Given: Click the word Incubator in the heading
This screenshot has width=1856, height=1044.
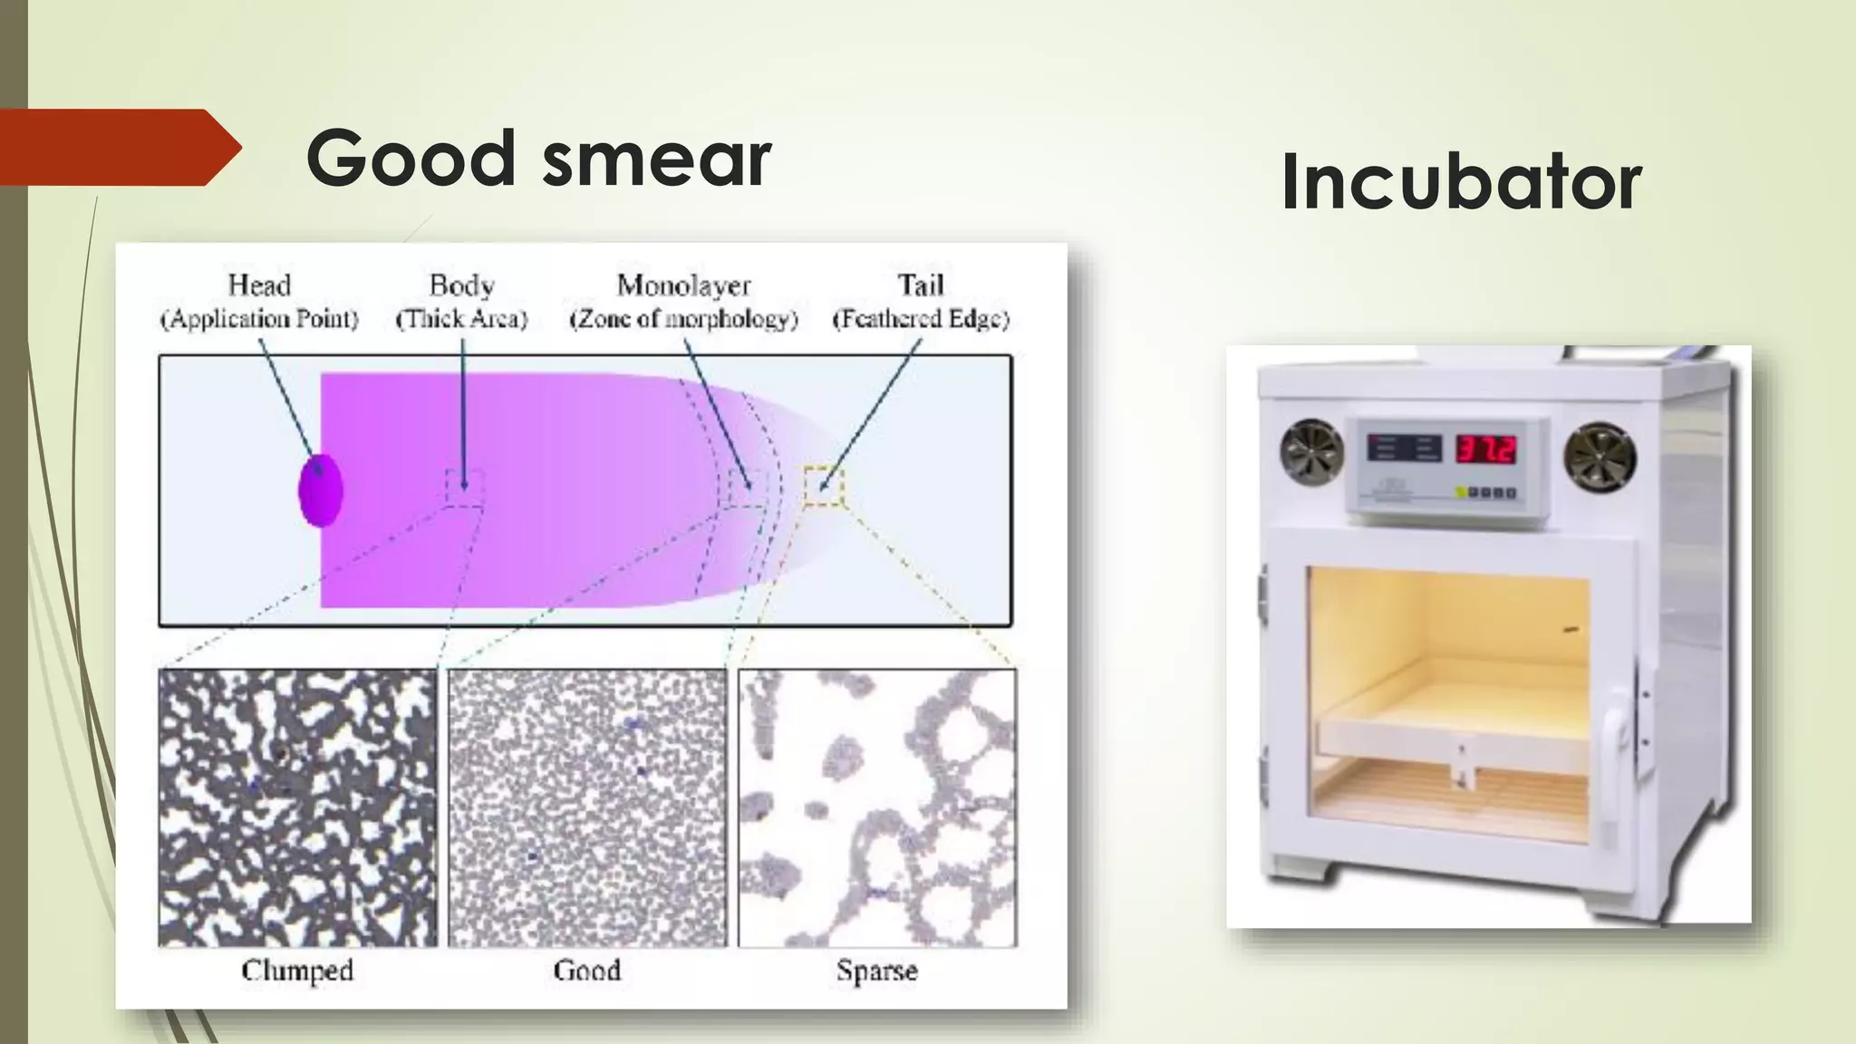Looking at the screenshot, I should (x=1461, y=182).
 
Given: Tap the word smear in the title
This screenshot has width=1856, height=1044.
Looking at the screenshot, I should (x=657, y=159).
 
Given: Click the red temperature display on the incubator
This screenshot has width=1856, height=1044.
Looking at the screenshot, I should (x=1485, y=449).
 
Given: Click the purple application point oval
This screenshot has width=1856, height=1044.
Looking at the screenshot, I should (x=321, y=489).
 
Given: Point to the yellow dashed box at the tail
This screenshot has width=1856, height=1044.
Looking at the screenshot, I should (x=823, y=487).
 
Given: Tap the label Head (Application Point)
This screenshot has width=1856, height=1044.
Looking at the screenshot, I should (x=259, y=302).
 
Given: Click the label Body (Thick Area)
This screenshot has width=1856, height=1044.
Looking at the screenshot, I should (x=461, y=302).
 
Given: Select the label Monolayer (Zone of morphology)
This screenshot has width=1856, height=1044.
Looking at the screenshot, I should (x=683, y=302).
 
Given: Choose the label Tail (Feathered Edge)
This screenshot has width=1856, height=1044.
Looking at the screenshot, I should (x=920, y=302).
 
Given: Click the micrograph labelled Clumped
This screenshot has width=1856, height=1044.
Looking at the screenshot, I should (x=297, y=807).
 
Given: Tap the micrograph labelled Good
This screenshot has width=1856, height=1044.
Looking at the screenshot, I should (x=587, y=807).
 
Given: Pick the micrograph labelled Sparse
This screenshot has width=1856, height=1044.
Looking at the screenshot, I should (x=877, y=807).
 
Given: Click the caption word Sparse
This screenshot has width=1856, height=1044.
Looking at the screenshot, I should (x=876, y=971).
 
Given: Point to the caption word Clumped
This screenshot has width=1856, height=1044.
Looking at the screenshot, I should (x=297, y=971).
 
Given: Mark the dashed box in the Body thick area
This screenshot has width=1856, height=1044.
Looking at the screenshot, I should (x=464, y=488).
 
